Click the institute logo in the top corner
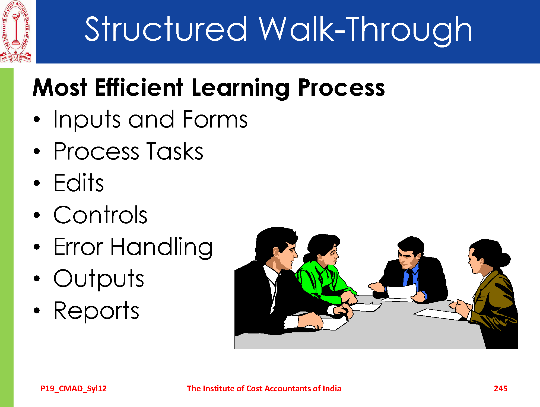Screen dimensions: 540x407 point(16,31)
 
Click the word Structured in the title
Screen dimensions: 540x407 point(166,29)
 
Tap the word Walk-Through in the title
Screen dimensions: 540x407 point(365,30)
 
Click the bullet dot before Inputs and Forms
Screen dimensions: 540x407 point(37,119)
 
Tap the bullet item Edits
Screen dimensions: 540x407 point(79,183)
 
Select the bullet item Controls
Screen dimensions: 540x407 point(100,215)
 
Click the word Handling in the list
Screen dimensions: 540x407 point(161,247)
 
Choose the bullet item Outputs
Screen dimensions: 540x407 point(99,279)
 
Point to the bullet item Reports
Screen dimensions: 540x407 point(96,311)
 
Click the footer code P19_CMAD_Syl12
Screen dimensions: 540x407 point(74,389)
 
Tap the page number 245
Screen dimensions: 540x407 point(501,389)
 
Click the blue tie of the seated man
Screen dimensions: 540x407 point(409,278)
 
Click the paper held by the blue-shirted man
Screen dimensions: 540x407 point(401,292)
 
